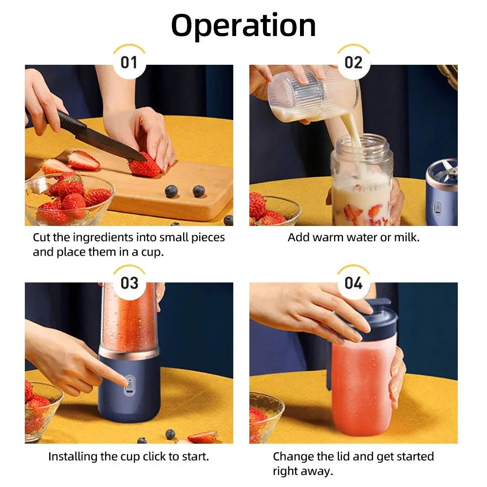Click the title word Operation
click(x=243, y=25)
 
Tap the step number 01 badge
click(x=129, y=63)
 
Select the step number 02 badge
click(x=354, y=63)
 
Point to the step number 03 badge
click(x=129, y=283)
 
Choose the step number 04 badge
click(x=354, y=283)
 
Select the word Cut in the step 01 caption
click(x=42, y=238)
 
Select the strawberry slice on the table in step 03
click(x=202, y=437)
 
